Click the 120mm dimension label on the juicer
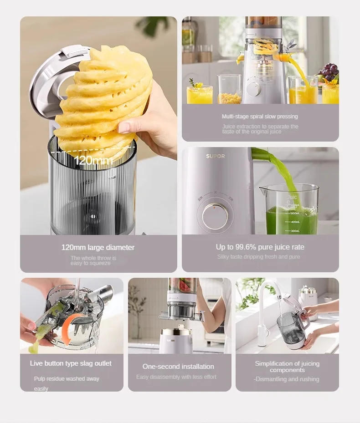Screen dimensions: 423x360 (x=93, y=160)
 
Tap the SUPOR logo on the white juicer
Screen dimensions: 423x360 (x=215, y=156)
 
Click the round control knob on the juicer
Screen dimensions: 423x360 (x=215, y=216)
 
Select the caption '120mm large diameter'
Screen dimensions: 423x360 (x=98, y=247)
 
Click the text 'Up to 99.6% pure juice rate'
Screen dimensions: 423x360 (x=260, y=247)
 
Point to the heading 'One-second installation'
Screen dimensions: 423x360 (x=178, y=367)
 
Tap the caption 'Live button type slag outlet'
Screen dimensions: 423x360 (x=71, y=363)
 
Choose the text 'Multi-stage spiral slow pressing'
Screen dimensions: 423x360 (x=260, y=117)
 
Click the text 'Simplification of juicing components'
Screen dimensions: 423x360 (x=287, y=367)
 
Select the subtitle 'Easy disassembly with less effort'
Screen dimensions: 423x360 (x=176, y=377)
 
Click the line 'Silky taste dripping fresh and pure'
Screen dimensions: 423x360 (x=258, y=257)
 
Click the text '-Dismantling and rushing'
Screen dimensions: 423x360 (x=286, y=379)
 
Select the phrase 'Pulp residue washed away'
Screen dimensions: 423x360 (x=67, y=379)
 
